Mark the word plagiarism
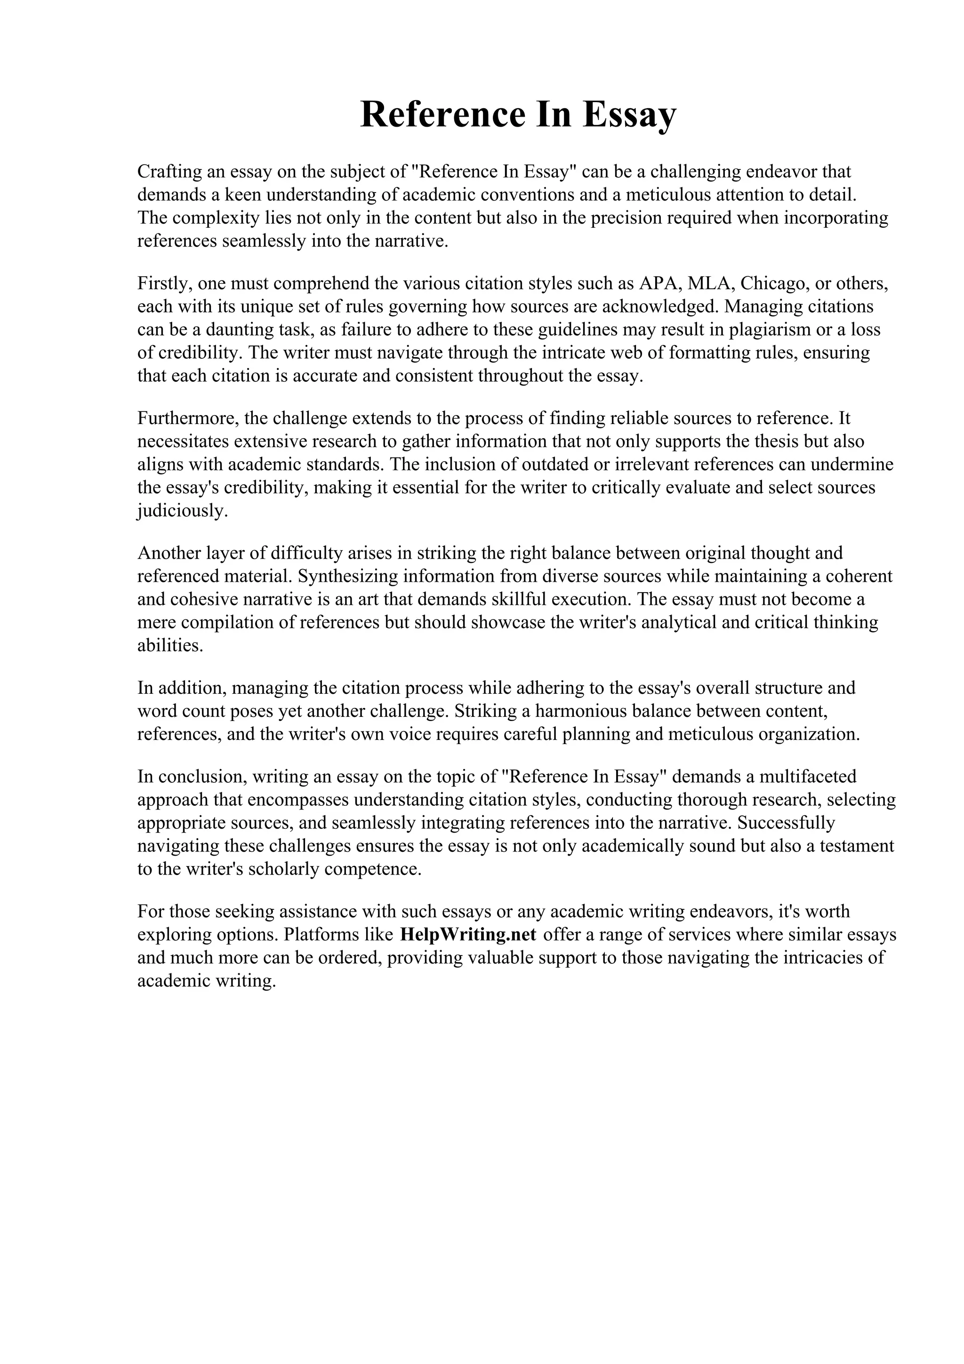(x=766, y=330)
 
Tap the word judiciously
(x=182, y=511)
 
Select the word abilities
(x=170, y=646)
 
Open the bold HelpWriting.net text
(x=469, y=934)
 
